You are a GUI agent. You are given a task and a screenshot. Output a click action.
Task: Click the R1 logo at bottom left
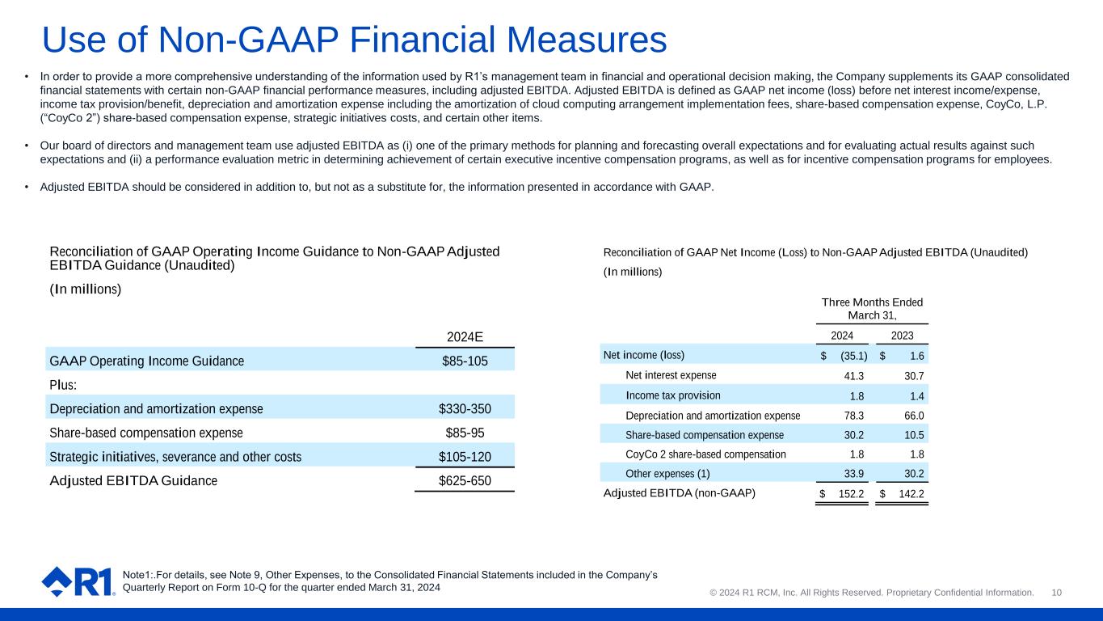78,581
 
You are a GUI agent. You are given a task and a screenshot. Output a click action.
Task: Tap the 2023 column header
903,336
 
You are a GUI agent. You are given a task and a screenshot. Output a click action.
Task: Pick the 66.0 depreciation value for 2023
915,416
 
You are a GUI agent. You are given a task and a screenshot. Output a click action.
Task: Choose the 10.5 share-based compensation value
915,436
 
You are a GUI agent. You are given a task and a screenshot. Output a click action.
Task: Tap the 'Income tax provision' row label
673,395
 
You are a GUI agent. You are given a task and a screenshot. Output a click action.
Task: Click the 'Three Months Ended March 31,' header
872,308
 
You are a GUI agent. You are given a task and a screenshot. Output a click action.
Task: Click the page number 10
1056,593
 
